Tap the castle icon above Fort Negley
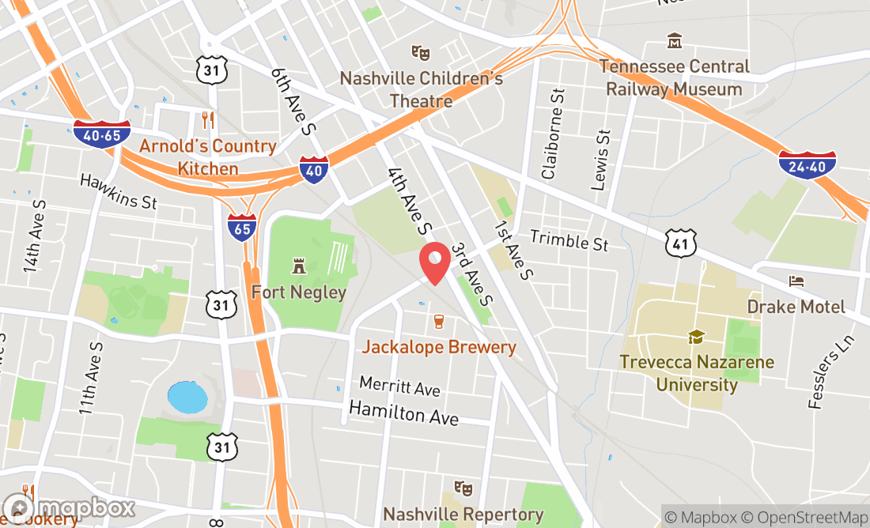pyautogui.click(x=298, y=265)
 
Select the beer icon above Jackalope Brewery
pyautogui.click(x=439, y=322)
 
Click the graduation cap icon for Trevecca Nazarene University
pyautogui.click(x=696, y=338)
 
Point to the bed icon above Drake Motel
pyautogui.click(x=796, y=281)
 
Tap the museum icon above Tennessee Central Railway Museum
pyautogui.click(x=675, y=40)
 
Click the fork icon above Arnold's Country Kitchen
pyautogui.click(x=208, y=120)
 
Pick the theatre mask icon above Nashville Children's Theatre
pyautogui.click(x=421, y=53)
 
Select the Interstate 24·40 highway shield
pyautogui.click(x=807, y=164)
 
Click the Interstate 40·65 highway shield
pyautogui.click(x=102, y=134)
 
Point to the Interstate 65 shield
pyautogui.click(x=242, y=228)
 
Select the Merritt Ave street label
pyautogui.click(x=399, y=387)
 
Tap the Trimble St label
pyautogui.click(x=569, y=240)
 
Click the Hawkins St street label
pyautogui.click(x=119, y=190)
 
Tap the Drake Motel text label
pyautogui.click(x=796, y=307)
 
